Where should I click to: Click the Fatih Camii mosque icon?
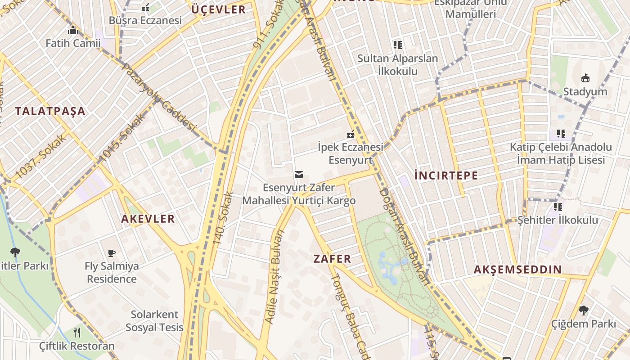point(72,31)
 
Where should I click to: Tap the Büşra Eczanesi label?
point(145,20)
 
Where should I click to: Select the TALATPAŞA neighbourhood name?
point(50,111)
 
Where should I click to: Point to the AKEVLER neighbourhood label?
point(148,219)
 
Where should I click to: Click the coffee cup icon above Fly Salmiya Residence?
point(112,253)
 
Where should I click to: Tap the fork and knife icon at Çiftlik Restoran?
point(77,333)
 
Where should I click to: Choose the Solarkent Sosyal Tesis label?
point(154,321)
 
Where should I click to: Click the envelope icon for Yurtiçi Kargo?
point(298,174)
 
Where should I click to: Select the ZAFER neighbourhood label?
point(332,259)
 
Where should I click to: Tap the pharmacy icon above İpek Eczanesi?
point(350,134)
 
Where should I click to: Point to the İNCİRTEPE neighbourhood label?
point(446,175)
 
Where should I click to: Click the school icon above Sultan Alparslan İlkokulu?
point(397,45)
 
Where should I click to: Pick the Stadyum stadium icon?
point(585,78)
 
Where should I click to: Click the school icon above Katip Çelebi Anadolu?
point(561,134)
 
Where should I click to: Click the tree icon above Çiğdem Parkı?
point(583,310)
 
